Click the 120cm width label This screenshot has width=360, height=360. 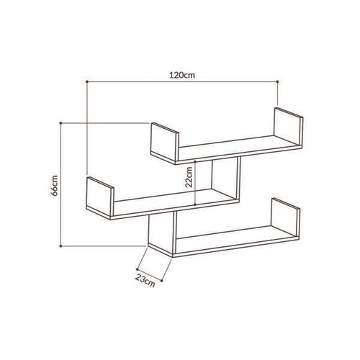(x=182, y=75)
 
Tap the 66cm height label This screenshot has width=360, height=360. (x=55, y=186)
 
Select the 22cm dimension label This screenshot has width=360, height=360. (x=189, y=177)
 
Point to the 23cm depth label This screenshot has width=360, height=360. (x=145, y=280)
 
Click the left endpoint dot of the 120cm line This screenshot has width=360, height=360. (x=87, y=82)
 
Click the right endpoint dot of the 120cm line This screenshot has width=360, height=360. (x=277, y=82)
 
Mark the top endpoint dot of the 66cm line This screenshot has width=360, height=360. (x=60, y=123)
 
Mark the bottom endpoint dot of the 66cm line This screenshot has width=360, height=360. (x=60, y=246)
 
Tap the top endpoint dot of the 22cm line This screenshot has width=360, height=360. (x=195, y=161)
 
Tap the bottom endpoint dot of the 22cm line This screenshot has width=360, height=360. (x=195, y=204)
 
